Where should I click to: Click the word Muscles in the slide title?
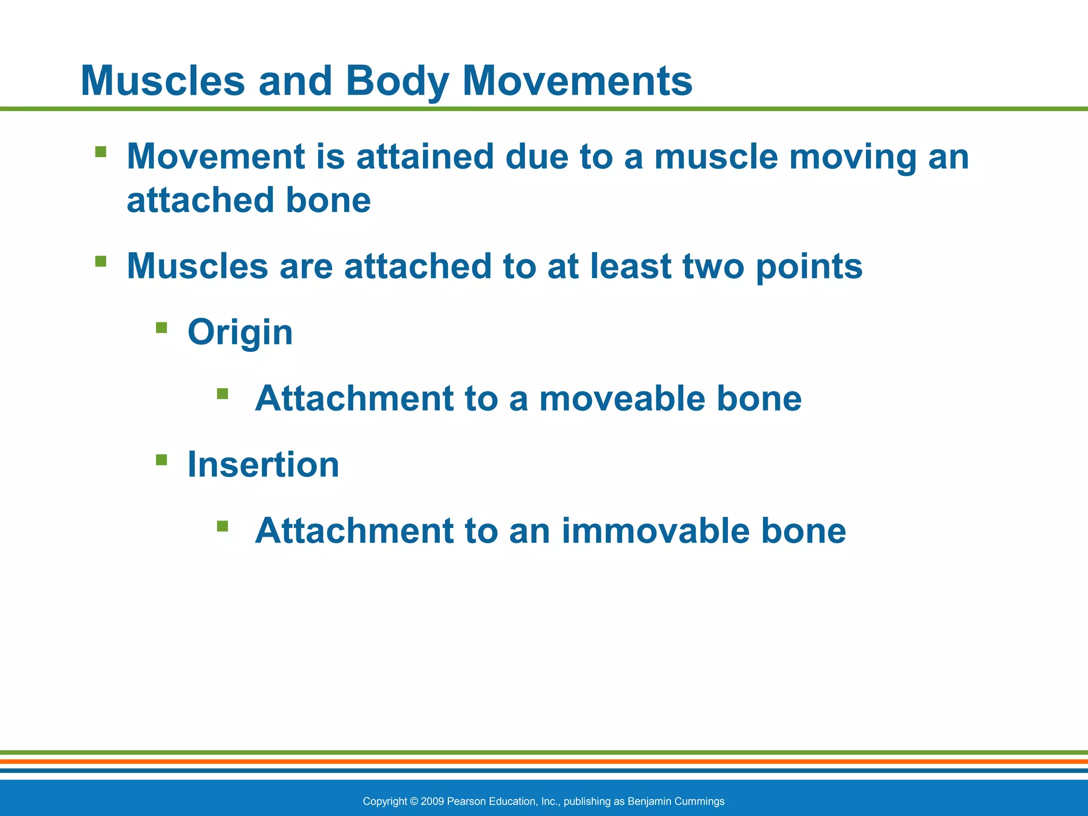pos(163,81)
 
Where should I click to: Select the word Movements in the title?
pos(577,81)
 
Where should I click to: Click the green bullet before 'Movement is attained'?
pos(100,152)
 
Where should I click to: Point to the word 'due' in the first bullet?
pos(537,157)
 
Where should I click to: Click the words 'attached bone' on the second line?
pos(249,201)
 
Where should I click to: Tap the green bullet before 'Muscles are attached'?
pos(100,261)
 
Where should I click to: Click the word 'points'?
pos(809,267)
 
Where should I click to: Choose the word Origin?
pos(240,333)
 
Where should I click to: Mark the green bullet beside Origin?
pos(161,327)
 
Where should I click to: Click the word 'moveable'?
pos(622,398)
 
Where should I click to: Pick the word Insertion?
pos(263,465)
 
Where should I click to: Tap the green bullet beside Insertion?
pos(161,460)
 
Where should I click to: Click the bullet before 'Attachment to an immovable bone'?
pos(223,526)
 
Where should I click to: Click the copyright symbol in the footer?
pos(414,801)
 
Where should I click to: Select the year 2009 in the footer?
pos(432,801)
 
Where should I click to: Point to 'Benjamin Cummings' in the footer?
pos(676,801)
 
